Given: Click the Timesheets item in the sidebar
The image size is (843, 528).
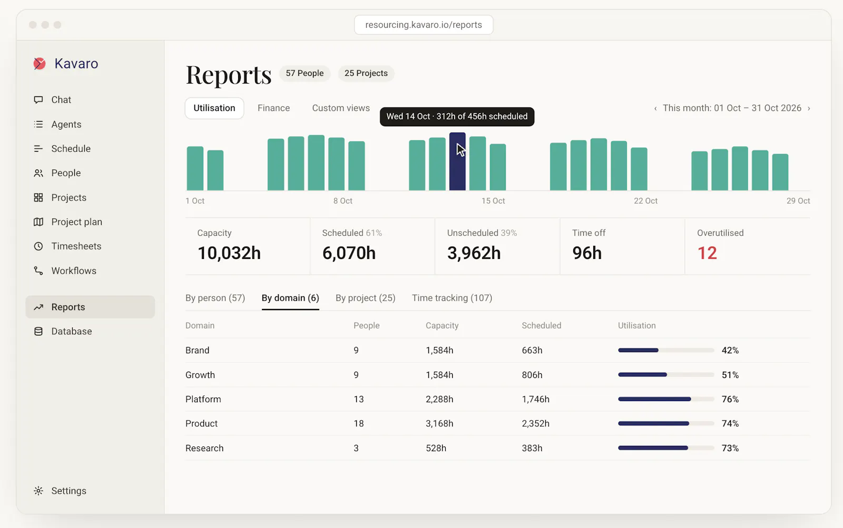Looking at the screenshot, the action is tap(76, 246).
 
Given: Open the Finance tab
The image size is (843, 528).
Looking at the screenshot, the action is tap(273, 108).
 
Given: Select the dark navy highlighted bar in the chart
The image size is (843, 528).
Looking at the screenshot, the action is tap(457, 161).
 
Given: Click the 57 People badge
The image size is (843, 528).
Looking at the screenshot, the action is tap(305, 73).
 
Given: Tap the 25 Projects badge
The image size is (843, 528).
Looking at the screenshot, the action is tap(366, 73).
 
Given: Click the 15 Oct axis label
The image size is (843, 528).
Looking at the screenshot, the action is tap(493, 201).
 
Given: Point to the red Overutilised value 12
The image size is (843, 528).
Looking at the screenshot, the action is tap(707, 253).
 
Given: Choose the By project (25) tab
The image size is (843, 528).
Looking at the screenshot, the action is tap(366, 298).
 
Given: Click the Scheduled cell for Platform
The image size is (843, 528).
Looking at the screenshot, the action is tap(535, 400).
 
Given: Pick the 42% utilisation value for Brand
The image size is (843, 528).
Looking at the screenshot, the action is tap(730, 351).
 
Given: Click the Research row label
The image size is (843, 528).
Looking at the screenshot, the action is tap(204, 449).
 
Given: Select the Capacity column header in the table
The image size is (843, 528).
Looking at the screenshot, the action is tap(442, 326).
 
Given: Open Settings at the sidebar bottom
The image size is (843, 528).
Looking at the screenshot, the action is tap(68, 491).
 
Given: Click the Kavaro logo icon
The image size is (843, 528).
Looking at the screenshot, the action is tap(40, 64).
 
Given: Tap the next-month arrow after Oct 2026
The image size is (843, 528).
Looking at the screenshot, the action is tap(809, 108).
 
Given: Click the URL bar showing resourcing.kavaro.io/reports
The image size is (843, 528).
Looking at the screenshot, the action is tap(424, 25).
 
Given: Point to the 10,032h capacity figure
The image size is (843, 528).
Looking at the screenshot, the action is tap(229, 253).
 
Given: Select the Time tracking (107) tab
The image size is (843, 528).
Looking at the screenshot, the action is tap(452, 298).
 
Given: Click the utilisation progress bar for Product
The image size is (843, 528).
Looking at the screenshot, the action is tap(666, 423).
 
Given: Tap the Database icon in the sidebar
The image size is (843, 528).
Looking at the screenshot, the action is tap(38, 331).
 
